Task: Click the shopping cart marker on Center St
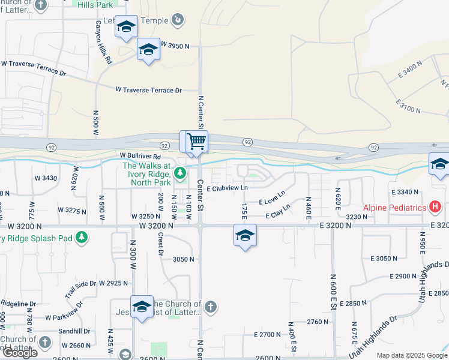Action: [x=196, y=142]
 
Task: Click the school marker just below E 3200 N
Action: [x=245, y=236]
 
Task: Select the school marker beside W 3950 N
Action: [x=148, y=50]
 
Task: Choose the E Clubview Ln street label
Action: [x=228, y=188]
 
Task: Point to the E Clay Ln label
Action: [x=277, y=211]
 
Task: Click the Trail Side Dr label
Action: [x=80, y=289]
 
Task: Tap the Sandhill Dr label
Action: [x=74, y=331]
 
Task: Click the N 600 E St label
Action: [x=331, y=293]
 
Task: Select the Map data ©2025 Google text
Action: [x=411, y=355]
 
